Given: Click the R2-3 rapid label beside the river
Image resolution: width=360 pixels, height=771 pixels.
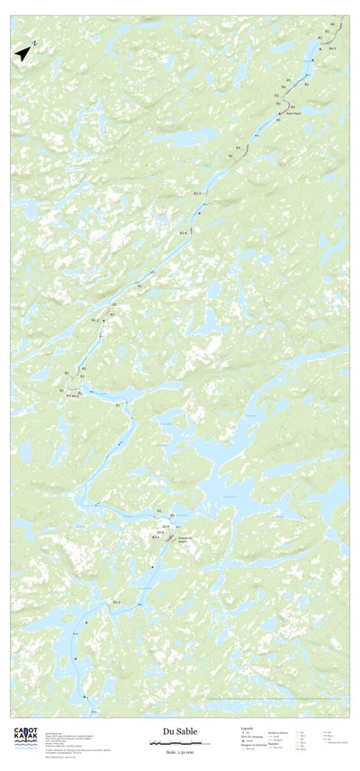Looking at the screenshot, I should [x=197, y=193].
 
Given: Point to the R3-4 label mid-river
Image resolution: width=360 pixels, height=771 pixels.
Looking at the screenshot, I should [x=183, y=233].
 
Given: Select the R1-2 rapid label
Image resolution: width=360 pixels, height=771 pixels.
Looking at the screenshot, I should [x=95, y=319].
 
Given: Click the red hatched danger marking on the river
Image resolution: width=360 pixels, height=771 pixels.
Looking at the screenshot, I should [x=170, y=538].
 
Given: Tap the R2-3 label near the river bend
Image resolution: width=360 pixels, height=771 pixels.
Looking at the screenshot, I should [x=116, y=601].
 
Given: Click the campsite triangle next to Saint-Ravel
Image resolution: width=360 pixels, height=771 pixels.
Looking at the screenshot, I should [x=282, y=113].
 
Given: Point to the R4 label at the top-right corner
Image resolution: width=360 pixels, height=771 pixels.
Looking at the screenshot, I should [x=332, y=23].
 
